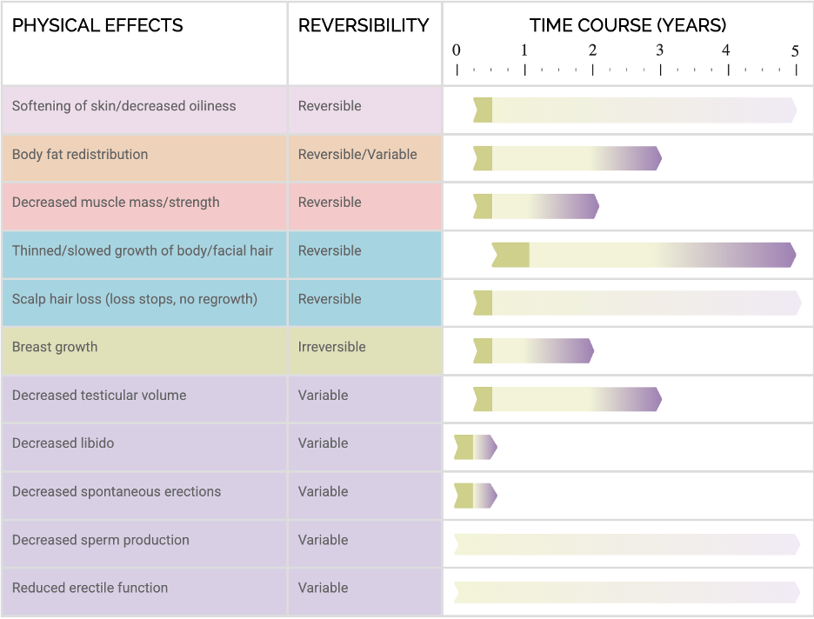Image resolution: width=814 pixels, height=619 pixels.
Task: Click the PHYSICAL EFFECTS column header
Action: click(97, 25)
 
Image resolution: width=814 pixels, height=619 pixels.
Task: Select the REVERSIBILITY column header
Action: click(364, 25)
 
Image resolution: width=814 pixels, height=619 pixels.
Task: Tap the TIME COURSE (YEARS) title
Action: click(628, 25)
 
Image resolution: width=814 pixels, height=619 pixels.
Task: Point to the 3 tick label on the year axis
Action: click(660, 50)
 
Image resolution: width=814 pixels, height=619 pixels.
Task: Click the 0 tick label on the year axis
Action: click(457, 50)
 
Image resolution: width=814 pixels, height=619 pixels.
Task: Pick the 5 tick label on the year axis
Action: click(795, 51)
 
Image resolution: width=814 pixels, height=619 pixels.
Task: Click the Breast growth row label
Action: click(55, 347)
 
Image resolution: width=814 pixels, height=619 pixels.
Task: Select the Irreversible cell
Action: click(332, 347)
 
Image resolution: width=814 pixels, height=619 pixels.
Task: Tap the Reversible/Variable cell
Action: click(357, 154)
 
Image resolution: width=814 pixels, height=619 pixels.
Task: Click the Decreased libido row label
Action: click(63, 443)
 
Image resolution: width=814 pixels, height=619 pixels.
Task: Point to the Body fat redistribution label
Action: click(80, 154)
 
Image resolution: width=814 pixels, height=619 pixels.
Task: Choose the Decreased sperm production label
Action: click(100, 540)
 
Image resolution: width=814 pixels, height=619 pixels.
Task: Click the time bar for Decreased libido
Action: click(475, 448)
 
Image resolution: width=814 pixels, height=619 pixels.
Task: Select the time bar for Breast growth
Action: click(533, 351)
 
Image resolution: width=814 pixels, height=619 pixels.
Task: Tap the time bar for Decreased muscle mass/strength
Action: click(536, 206)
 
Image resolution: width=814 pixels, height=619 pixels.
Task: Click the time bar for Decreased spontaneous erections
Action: click(475, 496)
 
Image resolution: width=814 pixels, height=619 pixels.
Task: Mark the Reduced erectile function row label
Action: click(90, 588)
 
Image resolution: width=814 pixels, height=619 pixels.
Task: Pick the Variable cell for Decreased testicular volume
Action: click(323, 395)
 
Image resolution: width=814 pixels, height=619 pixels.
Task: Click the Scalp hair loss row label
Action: click(135, 299)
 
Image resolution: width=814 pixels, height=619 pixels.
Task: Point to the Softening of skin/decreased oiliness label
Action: click(123, 106)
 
